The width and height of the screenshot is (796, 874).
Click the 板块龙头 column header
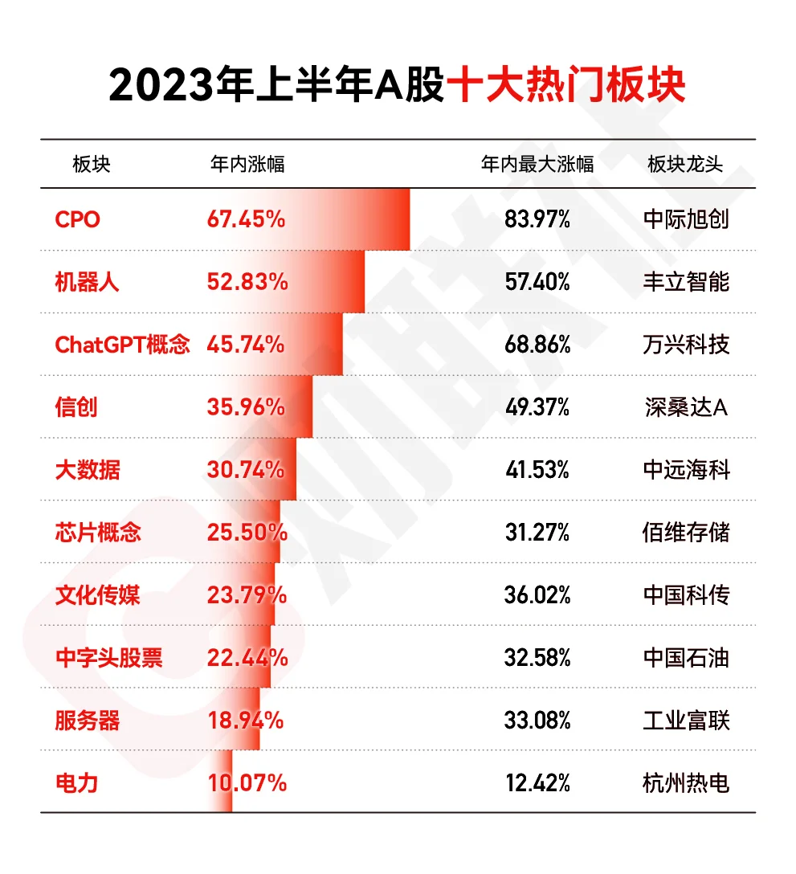click(685, 165)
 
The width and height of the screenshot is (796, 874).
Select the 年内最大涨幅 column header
click(537, 165)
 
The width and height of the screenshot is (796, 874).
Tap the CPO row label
click(77, 219)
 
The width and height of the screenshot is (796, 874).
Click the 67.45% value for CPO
click(246, 219)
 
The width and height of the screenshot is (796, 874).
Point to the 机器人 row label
click(87, 282)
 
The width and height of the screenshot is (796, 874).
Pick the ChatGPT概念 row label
click(122, 345)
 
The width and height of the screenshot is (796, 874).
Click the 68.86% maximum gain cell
click(537, 345)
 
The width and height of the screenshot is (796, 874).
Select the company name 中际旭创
click(686, 219)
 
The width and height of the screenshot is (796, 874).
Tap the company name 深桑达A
click(686, 407)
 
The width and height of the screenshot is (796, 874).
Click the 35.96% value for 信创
click(246, 407)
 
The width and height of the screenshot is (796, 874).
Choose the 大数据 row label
click(87, 470)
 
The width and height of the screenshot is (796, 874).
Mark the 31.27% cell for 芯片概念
click(537, 533)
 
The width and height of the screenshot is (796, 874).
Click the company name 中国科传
click(686, 595)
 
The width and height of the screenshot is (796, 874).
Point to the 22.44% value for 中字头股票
click(247, 658)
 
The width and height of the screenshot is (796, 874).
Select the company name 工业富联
click(686, 721)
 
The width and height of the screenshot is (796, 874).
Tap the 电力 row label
click(76, 783)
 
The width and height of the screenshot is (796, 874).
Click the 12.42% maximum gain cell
click(537, 783)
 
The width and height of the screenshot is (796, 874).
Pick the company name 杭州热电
click(686, 783)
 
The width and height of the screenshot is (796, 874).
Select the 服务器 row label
click(87, 721)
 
